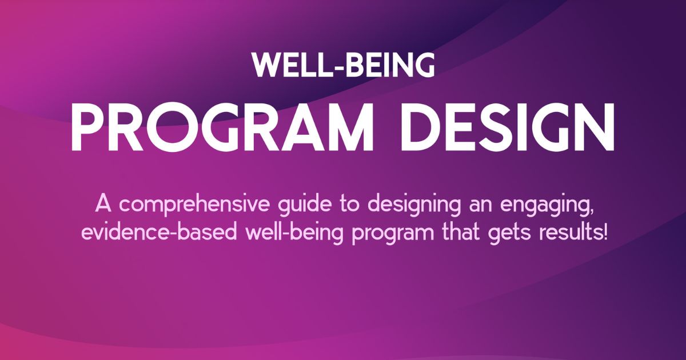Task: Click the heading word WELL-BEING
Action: [x=344, y=65]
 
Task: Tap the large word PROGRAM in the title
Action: [x=222, y=126]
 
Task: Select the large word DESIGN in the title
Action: [x=508, y=126]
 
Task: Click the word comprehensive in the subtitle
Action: [x=196, y=205]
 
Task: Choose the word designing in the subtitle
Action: [x=414, y=205]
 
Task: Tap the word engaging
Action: [x=543, y=205]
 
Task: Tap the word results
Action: [x=569, y=232]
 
